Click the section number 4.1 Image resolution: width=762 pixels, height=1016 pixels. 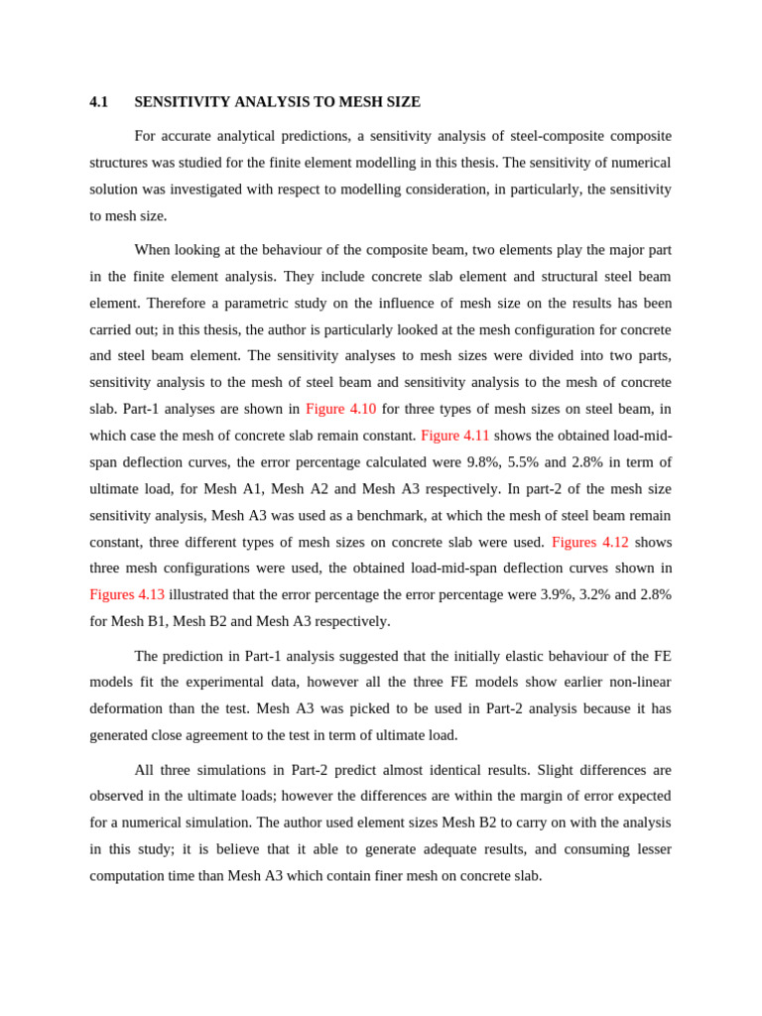98,102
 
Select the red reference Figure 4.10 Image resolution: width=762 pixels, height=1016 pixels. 340,409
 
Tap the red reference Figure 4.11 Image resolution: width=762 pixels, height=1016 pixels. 454,436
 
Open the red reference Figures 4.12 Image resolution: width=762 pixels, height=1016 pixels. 589,542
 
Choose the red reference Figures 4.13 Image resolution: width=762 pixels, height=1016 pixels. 127,594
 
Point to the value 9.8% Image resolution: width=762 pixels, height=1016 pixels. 486,462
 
